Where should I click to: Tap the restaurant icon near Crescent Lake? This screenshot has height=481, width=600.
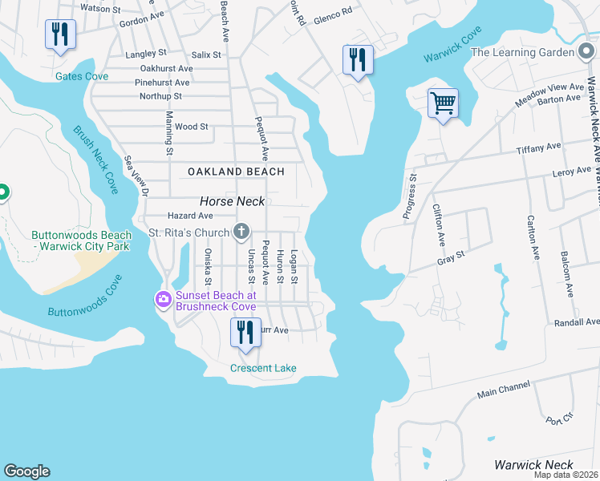click(x=245, y=333)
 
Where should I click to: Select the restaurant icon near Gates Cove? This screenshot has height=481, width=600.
click(x=60, y=34)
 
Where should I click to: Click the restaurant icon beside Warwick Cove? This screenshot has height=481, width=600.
click(x=358, y=60)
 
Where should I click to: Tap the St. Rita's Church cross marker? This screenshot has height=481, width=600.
click(x=240, y=232)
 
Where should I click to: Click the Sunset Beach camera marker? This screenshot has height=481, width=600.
click(x=164, y=300)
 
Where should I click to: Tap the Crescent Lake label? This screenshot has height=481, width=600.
click(x=263, y=368)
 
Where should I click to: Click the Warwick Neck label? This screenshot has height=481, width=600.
click(x=533, y=465)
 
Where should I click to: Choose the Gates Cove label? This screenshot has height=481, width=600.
click(x=82, y=76)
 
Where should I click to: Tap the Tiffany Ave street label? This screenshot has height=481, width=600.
click(x=540, y=148)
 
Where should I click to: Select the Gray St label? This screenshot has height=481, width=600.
click(x=452, y=257)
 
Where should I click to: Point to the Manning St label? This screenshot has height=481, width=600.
click(x=169, y=134)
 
